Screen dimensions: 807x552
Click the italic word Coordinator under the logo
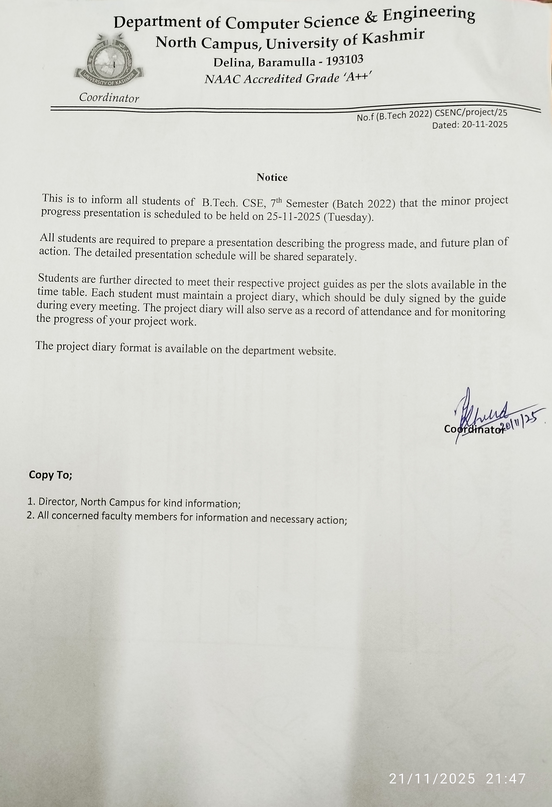pyautogui.click(x=109, y=98)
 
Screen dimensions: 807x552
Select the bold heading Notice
pyautogui.click(x=272, y=178)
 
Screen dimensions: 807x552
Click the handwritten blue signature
pyautogui.click(x=482, y=411)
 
